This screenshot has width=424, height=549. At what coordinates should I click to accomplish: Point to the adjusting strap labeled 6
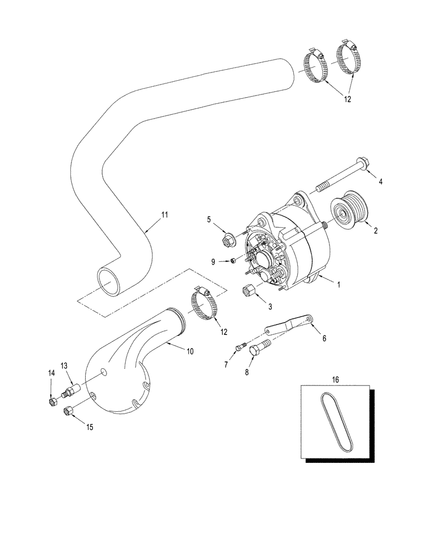point(288,324)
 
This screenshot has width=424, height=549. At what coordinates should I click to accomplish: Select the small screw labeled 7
point(241,346)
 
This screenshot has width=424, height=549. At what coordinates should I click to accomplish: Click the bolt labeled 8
point(260,349)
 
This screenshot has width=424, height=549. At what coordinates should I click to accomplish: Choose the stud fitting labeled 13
point(72,391)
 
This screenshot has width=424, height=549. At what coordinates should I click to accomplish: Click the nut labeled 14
point(52,403)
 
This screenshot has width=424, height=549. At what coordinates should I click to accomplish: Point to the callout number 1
point(339,285)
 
